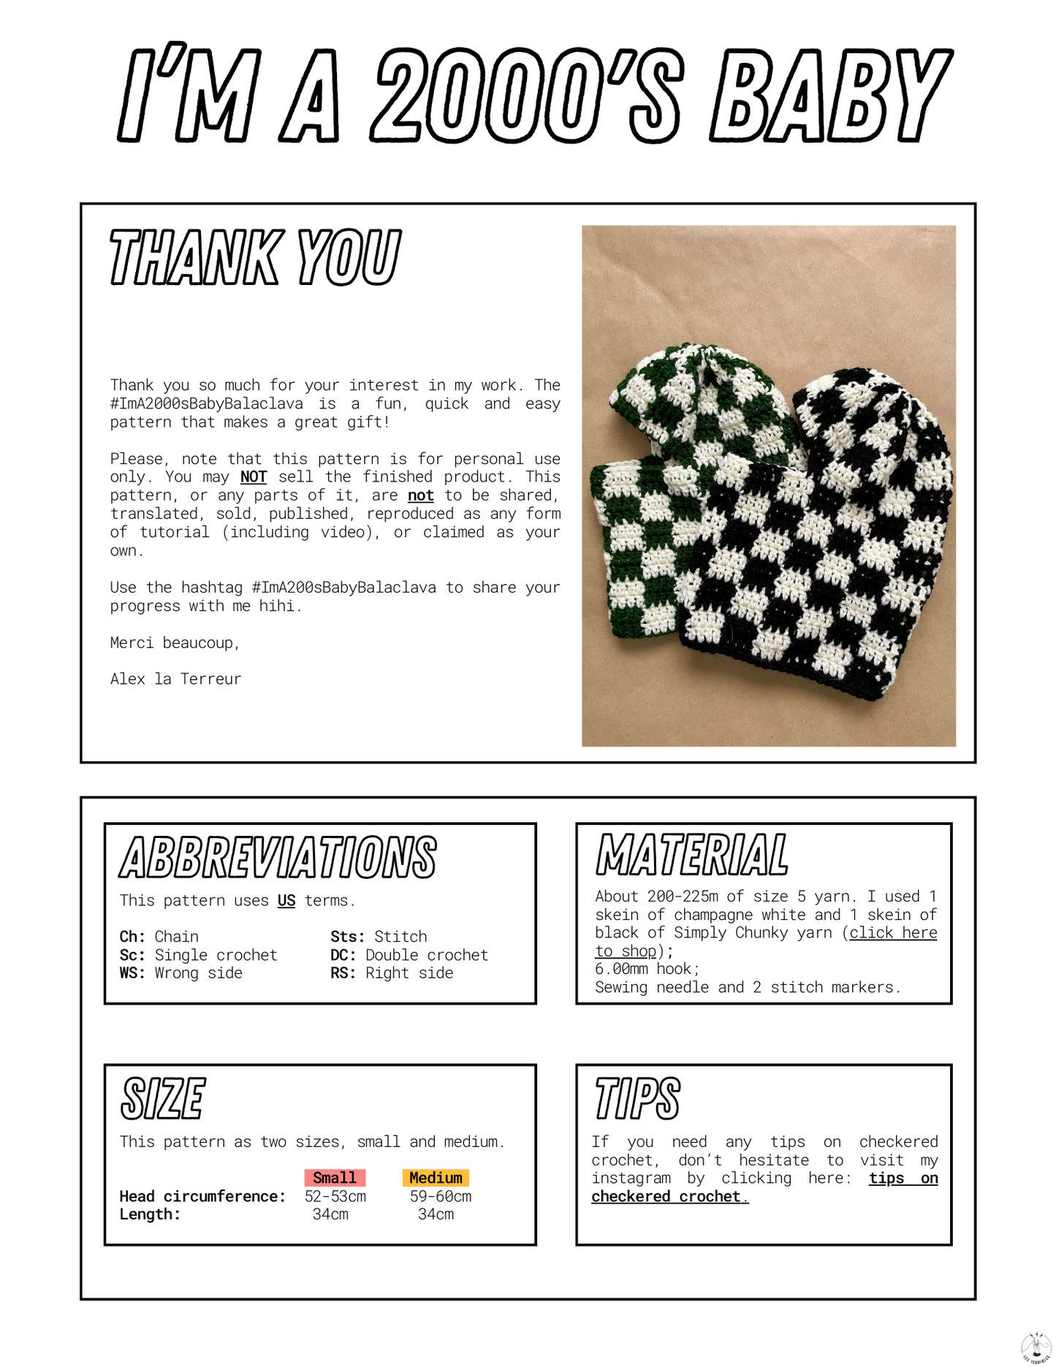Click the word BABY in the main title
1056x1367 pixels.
click(x=830, y=96)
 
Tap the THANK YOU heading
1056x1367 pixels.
click(x=255, y=257)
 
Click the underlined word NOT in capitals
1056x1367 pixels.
click(x=253, y=477)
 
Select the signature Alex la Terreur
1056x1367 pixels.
click(x=175, y=679)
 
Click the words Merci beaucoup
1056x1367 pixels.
click(x=175, y=643)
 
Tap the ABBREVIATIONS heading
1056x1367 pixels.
click(x=278, y=858)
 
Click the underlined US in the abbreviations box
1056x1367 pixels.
click(x=286, y=901)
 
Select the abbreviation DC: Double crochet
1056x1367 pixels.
click(x=409, y=955)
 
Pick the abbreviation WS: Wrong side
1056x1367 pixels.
click(x=181, y=973)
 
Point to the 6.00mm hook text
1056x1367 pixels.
click(x=647, y=969)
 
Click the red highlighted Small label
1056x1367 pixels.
click(x=335, y=1178)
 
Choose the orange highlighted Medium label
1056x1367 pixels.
click(x=436, y=1178)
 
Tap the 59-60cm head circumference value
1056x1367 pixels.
click(x=441, y=1197)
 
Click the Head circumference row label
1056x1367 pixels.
click(x=202, y=1197)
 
